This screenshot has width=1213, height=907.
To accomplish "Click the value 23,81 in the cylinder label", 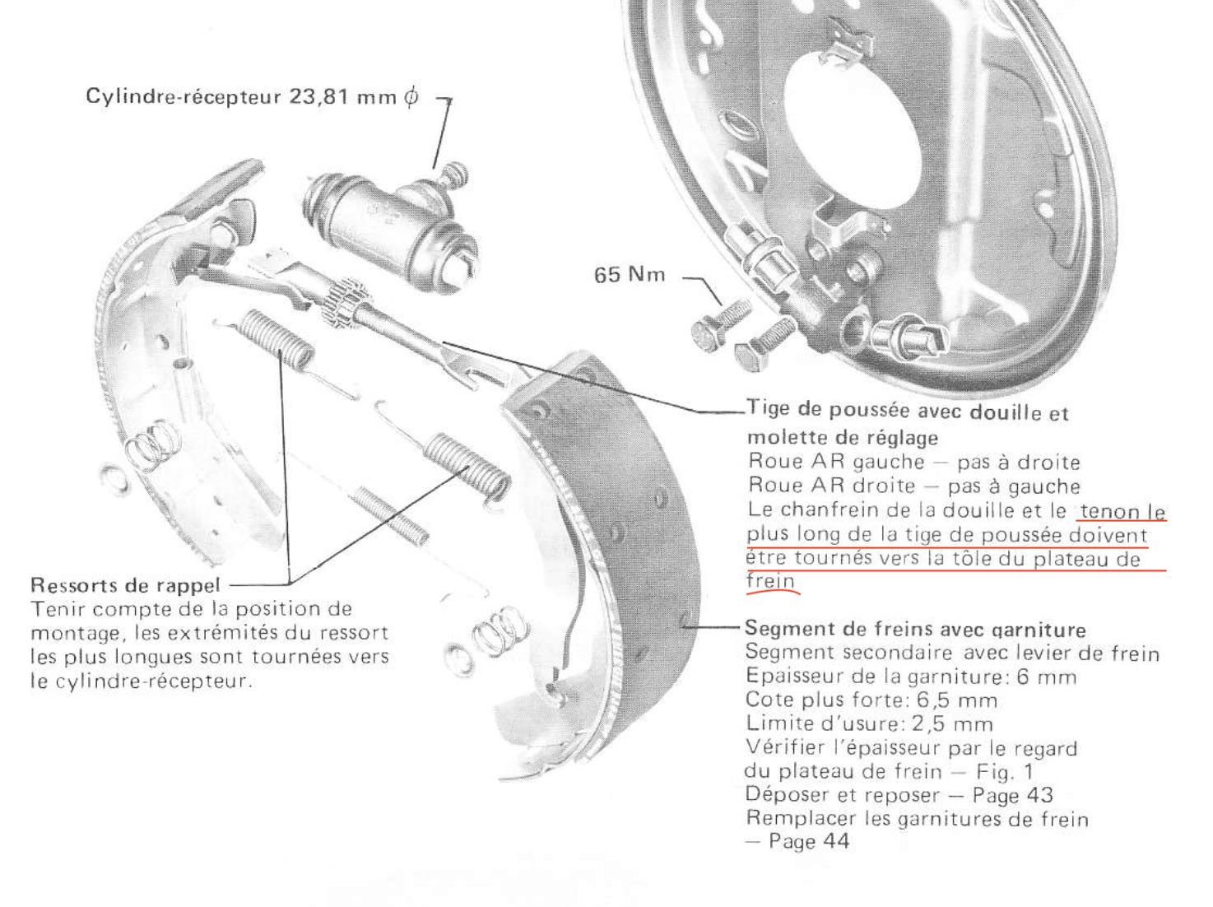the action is (318, 97).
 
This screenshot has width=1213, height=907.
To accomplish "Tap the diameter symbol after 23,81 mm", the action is (411, 98).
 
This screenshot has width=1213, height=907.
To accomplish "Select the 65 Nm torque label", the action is (630, 275).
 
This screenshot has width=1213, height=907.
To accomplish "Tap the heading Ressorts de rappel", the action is (125, 584).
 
